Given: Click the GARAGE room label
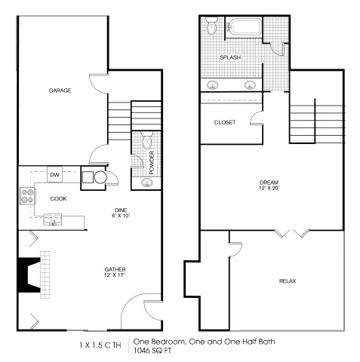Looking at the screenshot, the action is (x=60, y=90).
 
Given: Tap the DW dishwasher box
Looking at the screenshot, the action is (x=54, y=174).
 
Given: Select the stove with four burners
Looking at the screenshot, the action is (x=27, y=196).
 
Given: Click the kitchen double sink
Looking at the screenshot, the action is (x=53, y=219).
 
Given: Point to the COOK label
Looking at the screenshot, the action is (x=58, y=199).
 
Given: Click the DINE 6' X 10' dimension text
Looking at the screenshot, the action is (x=121, y=216).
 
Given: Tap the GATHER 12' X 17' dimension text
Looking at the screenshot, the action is (x=115, y=275).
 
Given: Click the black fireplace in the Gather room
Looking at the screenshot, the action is (x=29, y=275).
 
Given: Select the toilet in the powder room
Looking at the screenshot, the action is (x=147, y=141).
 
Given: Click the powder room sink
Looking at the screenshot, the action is (x=146, y=183).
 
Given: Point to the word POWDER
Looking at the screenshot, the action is (x=152, y=163).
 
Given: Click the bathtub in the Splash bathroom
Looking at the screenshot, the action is (x=245, y=27).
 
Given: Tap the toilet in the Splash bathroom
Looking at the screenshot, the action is (x=211, y=26).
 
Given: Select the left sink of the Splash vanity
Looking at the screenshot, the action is (x=213, y=85).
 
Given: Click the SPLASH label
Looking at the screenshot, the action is (x=230, y=57).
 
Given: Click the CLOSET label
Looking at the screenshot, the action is (x=225, y=122).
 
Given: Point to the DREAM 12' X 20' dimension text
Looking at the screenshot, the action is (x=269, y=188).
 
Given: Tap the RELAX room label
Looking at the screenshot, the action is (x=288, y=281).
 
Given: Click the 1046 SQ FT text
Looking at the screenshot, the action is (x=152, y=351).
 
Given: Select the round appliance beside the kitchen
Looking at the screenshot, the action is (x=100, y=177).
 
